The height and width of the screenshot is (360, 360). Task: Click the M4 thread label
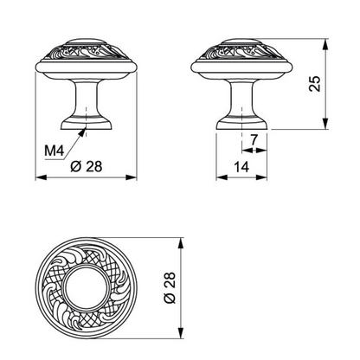coord(54,151)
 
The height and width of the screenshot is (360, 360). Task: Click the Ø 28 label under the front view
coord(87,166)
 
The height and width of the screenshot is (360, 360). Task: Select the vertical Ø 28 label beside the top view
coord(170,287)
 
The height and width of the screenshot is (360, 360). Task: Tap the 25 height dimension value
coord(314,84)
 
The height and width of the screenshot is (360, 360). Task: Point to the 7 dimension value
coord(254,140)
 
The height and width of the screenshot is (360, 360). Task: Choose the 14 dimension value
coord(241,167)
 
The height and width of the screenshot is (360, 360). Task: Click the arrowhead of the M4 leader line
coord(83,132)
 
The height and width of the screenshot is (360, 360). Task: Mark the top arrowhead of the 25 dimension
coord(325,45)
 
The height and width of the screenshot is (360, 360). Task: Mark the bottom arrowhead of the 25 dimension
coord(325,124)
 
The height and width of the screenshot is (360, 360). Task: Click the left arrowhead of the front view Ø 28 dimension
coord(41,177)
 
